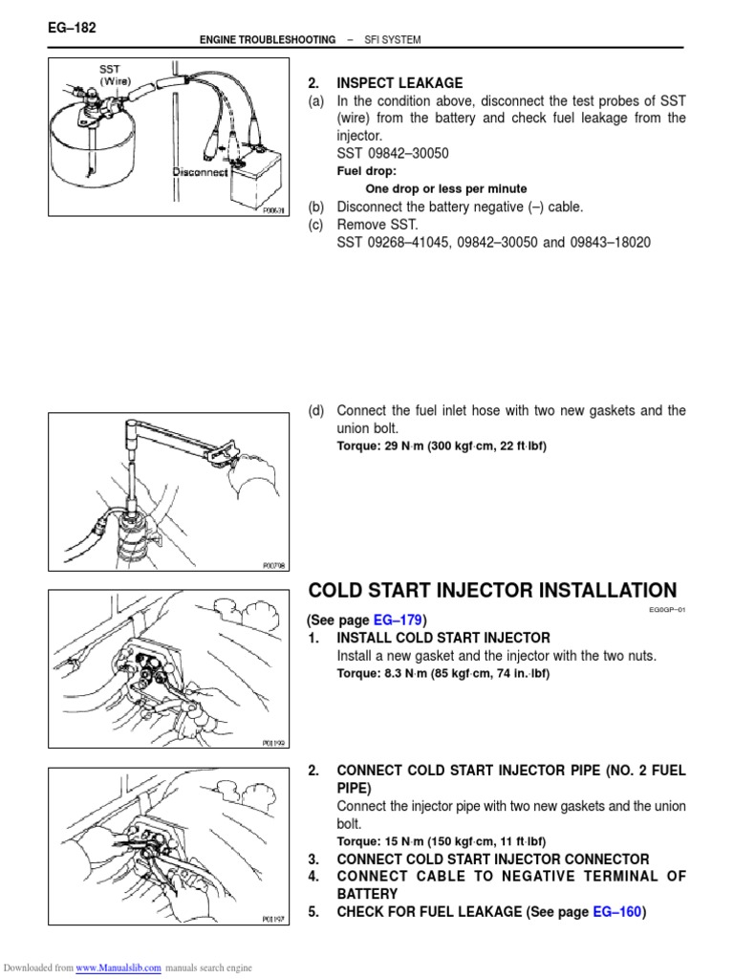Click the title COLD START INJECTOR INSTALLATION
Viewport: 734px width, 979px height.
(x=491, y=591)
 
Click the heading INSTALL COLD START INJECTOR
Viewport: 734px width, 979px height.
(x=443, y=638)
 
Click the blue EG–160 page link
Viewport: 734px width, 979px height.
(x=616, y=912)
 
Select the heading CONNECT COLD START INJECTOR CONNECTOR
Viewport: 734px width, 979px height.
(x=492, y=859)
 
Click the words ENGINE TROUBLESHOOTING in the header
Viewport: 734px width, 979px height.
(x=267, y=40)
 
